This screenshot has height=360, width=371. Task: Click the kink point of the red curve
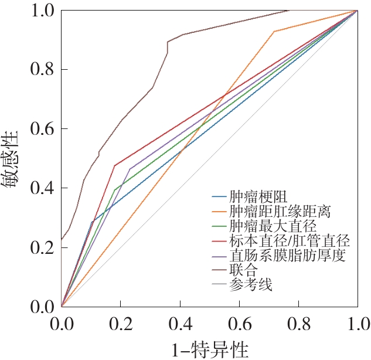[114, 165]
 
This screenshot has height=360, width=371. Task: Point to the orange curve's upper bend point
[274, 31]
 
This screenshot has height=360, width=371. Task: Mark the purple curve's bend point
[130, 169]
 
